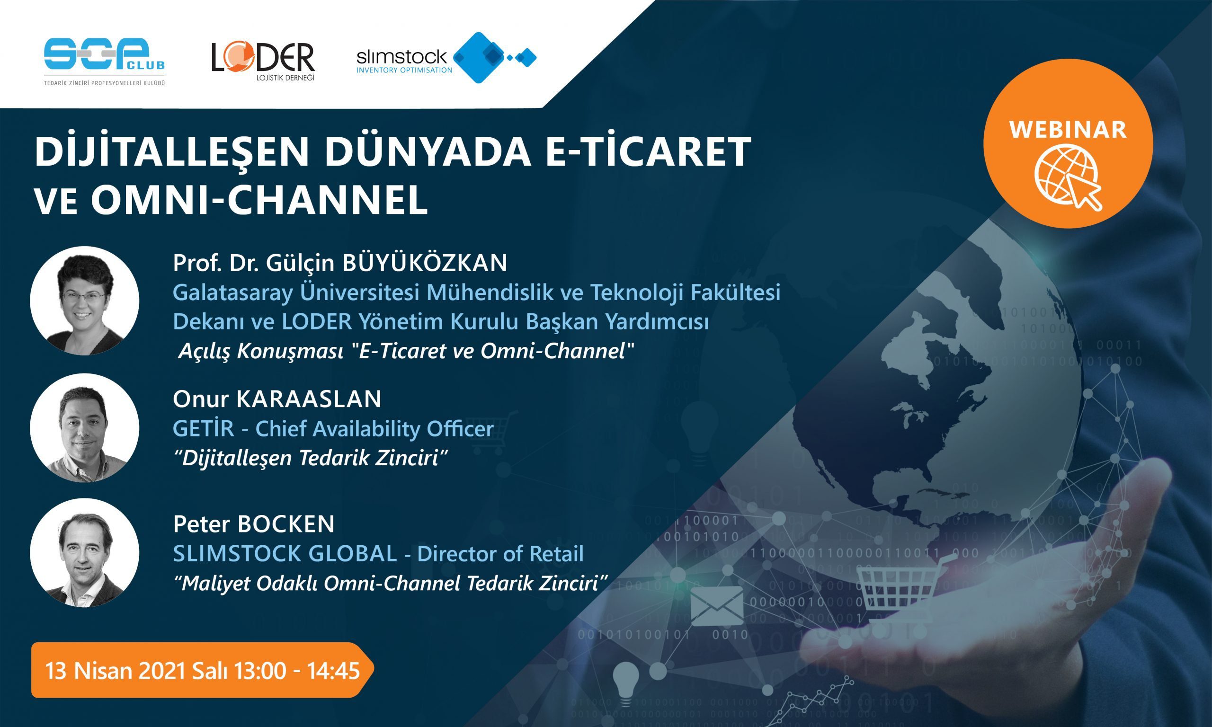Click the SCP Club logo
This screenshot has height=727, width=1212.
(x=104, y=61)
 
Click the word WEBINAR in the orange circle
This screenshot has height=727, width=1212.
(x=1068, y=129)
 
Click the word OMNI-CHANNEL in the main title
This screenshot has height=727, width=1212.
(x=259, y=200)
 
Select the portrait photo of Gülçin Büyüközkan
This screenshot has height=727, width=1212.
(x=84, y=300)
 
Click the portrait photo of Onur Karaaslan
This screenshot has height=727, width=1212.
(x=84, y=428)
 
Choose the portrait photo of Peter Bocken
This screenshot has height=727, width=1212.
(x=84, y=553)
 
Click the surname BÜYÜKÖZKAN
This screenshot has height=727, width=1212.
(x=425, y=263)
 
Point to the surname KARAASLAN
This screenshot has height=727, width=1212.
(x=309, y=399)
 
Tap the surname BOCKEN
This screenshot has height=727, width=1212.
(x=286, y=524)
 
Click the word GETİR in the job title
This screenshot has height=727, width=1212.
(x=203, y=429)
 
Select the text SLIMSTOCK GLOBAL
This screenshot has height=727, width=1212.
(x=285, y=554)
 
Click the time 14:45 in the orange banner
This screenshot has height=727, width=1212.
(x=333, y=671)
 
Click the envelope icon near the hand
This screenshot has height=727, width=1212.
(x=717, y=605)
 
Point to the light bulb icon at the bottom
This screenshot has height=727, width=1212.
(x=626, y=682)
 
